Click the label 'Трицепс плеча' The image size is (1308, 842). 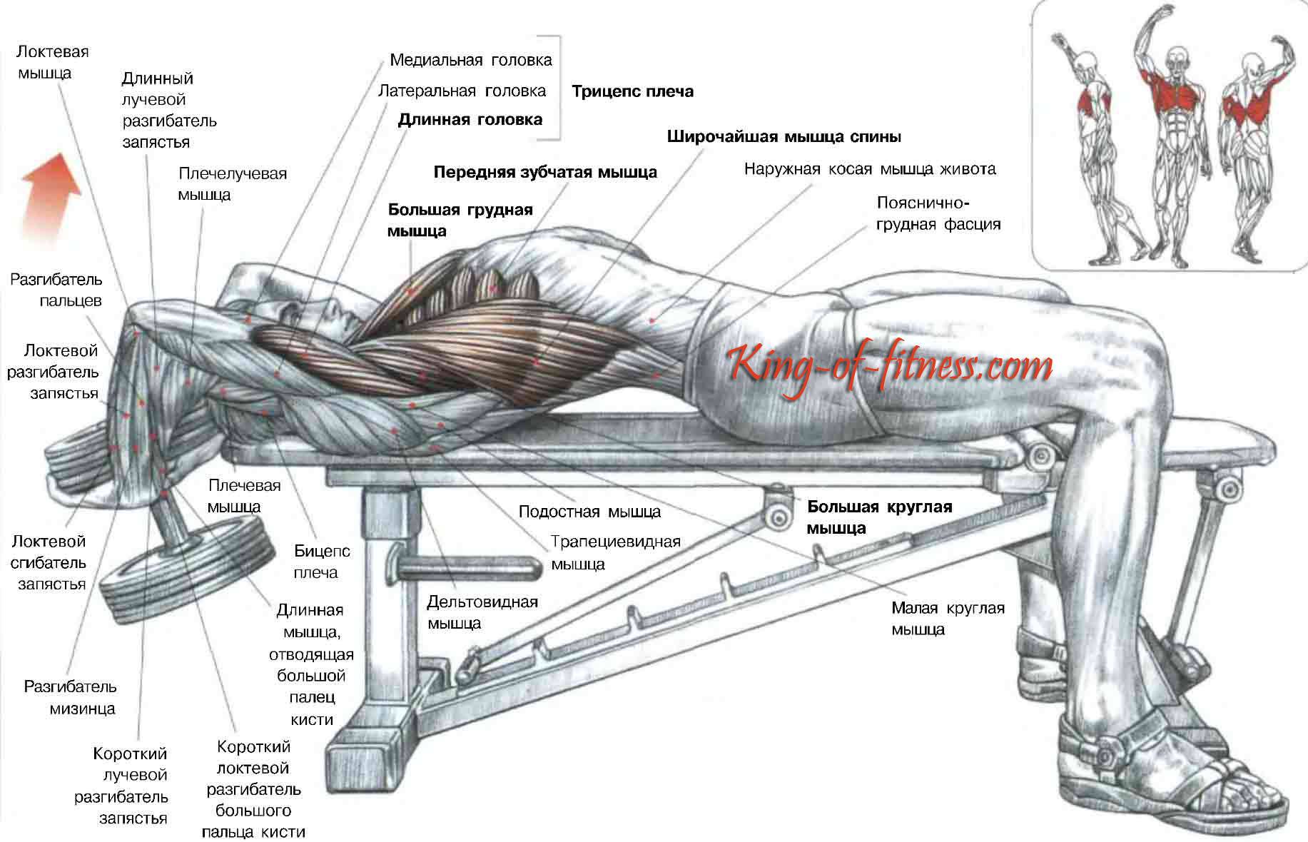click(632, 91)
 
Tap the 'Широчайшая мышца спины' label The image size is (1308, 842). click(784, 136)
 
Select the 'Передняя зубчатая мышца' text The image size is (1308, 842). click(545, 172)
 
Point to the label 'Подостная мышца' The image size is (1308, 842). click(589, 512)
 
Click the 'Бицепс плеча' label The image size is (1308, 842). click(322, 562)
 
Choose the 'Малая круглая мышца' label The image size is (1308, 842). click(948, 619)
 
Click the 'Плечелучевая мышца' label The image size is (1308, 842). click(232, 184)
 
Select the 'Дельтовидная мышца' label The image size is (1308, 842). click(482, 612)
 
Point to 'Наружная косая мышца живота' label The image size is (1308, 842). click(870, 169)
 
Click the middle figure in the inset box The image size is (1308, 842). click(1173, 136)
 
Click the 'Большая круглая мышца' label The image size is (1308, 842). click(879, 517)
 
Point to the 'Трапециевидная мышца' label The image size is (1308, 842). click(615, 552)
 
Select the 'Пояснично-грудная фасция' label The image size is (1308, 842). click(938, 213)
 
